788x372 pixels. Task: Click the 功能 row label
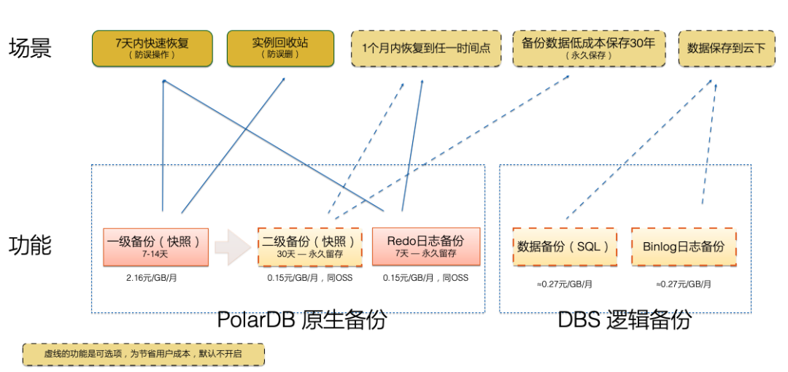[30, 245]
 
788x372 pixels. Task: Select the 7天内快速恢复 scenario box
[152, 48]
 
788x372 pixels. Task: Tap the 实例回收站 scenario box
[280, 48]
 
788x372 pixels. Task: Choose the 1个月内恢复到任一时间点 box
[426, 48]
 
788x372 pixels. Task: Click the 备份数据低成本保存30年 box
[588, 48]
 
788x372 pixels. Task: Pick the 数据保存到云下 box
[726, 48]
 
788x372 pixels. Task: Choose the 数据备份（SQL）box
[564, 247]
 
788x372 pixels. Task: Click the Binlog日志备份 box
[684, 247]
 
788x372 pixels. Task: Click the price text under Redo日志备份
[426, 278]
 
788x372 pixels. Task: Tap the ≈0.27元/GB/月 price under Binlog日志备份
[684, 284]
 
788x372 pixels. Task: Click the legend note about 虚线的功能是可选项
[143, 354]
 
